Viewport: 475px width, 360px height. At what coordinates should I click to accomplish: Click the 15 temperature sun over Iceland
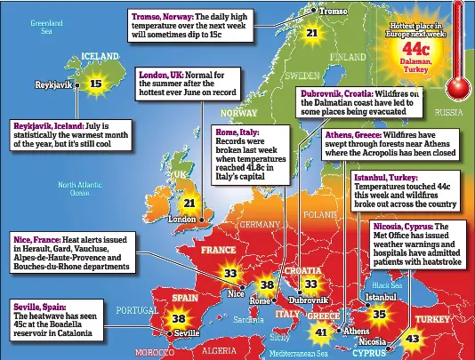[x=95, y=84]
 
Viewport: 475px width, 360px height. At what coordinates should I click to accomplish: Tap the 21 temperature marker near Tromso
[x=311, y=33]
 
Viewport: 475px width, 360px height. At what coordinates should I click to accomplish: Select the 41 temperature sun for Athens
[x=321, y=332]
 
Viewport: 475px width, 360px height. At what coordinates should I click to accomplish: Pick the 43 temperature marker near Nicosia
[x=412, y=339]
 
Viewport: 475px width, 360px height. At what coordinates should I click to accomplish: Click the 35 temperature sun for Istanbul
[x=379, y=314]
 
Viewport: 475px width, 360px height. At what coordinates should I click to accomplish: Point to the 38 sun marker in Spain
[x=178, y=318]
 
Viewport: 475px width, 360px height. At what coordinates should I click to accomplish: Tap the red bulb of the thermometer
[x=458, y=86]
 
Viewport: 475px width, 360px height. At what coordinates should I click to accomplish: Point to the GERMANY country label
[x=259, y=224]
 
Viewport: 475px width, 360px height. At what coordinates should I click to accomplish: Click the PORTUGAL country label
[x=136, y=309]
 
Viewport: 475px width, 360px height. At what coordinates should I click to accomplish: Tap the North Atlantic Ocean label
[x=81, y=188]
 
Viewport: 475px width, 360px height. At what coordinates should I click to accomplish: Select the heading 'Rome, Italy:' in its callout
[x=237, y=132]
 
